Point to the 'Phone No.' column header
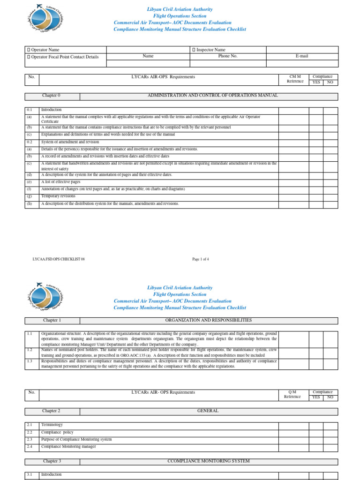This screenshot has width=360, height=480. click(228, 56)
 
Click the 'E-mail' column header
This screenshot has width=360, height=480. click(302, 56)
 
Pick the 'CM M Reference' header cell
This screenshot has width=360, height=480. click(295, 79)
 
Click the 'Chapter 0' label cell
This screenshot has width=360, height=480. click(52, 96)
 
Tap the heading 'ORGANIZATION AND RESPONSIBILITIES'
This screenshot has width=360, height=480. click(209, 320)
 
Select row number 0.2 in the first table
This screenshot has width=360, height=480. click(30, 142)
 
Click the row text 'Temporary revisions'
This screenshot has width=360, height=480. click(58, 196)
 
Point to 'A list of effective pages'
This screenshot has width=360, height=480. click(60, 181)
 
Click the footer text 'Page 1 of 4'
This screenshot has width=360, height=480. click(201, 259)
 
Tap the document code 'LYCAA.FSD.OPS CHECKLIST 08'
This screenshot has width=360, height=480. click(59, 259)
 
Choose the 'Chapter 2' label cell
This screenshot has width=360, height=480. click(52, 411)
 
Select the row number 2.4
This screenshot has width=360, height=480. click(30, 446)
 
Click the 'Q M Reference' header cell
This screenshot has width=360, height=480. click(292, 394)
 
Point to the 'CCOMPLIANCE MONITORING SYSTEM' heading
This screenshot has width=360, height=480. click(209, 461)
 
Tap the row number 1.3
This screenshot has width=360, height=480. click(30, 361)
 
